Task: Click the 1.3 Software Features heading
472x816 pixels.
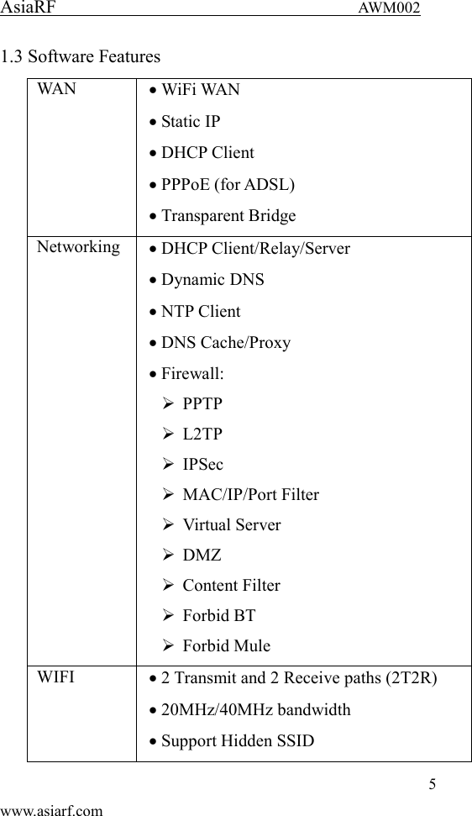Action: (81, 57)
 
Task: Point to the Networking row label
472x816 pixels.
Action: (77, 247)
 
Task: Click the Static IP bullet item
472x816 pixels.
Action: (191, 121)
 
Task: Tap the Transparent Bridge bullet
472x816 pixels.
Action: (228, 216)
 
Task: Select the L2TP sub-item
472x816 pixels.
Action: (202, 434)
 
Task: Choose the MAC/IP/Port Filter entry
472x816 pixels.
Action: (250, 494)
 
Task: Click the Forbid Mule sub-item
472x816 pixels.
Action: (226, 645)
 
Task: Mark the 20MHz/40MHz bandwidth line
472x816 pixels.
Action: (255, 709)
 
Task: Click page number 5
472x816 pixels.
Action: (433, 785)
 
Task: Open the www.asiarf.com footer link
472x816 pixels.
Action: (52, 809)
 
